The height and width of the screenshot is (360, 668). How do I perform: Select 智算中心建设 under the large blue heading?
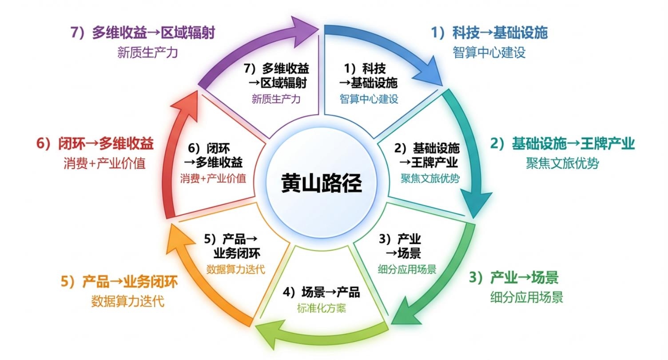tap(489, 52)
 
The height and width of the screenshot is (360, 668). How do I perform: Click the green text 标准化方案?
tap(322, 308)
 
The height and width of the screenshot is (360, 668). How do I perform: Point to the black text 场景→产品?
tap(322, 292)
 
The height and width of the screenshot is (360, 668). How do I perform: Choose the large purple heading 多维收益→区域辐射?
tap(143, 32)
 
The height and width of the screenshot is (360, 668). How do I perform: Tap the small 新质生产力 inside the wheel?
tap(276, 99)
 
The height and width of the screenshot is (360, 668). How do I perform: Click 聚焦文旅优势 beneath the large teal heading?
tap(562, 164)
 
